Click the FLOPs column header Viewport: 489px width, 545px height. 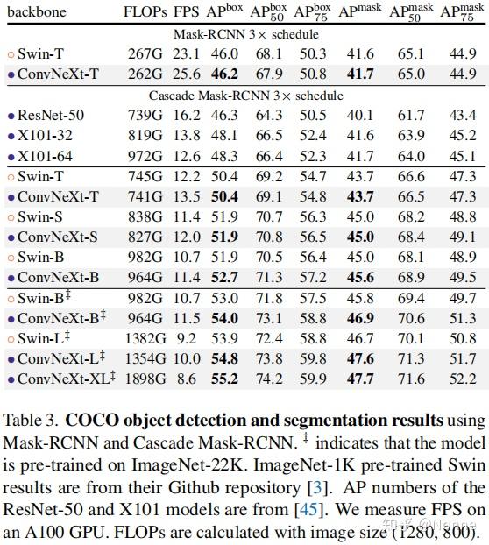tap(145, 11)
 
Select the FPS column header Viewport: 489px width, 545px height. tap(186, 11)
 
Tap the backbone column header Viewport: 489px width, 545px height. tap(37, 11)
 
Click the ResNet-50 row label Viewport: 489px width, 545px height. tap(51, 116)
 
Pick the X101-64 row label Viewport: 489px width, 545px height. tap(45, 156)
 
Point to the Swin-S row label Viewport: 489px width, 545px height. tap(40, 217)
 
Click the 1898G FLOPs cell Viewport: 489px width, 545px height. tap(145, 379)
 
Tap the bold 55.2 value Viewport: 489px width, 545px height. tap(224, 379)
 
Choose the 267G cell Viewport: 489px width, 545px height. tap(145, 53)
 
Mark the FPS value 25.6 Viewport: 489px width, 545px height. tap(187, 74)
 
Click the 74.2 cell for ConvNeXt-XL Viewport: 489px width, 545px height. tap(269, 379)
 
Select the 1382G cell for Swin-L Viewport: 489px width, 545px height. tap(145, 338)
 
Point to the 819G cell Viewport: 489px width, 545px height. tap(145, 136)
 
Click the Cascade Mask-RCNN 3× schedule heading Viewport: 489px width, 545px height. tap(245, 96)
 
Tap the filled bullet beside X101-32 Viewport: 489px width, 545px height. tap(11, 137)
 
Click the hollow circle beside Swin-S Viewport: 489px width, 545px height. tap(11, 217)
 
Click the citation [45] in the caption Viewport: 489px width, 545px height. tap(306, 510)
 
